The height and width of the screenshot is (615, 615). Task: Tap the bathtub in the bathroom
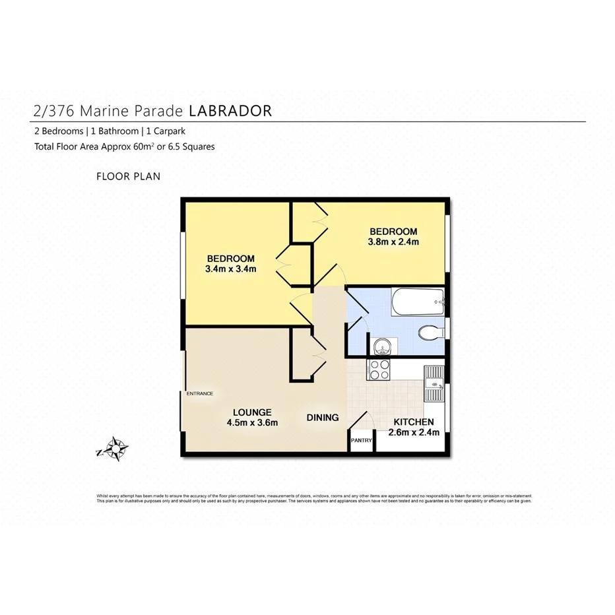coord(418,304)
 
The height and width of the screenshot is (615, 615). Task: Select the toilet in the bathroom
coord(430,333)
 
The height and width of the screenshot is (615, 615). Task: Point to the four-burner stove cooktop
coord(379,370)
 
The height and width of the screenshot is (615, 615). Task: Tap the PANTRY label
coord(362,440)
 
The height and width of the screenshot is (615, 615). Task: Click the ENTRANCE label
coord(199,393)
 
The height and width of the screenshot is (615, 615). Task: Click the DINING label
coord(323,417)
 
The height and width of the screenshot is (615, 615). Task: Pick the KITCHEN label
coord(414,422)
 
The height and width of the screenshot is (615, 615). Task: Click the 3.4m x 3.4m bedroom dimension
coord(230,269)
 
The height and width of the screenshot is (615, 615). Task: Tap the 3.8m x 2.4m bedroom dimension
coord(393,242)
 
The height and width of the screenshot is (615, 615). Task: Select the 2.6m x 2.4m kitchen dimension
coord(414,433)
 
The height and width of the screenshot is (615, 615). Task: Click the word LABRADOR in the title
coord(230,110)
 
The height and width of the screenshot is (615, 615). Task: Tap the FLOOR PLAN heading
coord(128,176)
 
